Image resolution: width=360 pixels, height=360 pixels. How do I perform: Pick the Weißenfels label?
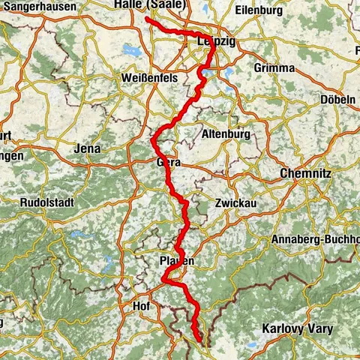143,79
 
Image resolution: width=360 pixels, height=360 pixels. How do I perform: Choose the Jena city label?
88,148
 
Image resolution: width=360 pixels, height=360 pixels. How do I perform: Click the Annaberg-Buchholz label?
316,240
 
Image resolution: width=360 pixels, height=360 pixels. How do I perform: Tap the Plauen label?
177,260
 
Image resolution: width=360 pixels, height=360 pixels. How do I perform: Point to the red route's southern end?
199,342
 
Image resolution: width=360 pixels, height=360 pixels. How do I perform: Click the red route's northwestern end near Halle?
146,19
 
